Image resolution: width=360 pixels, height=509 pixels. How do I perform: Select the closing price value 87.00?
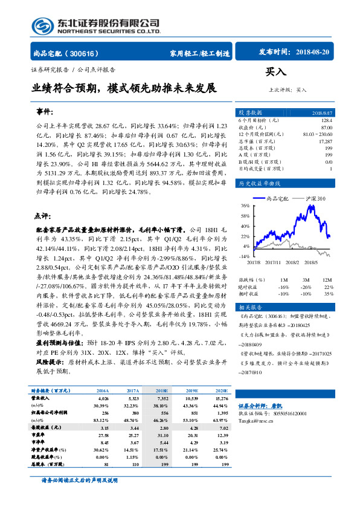326,127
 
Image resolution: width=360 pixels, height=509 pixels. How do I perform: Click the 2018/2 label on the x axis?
294,262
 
